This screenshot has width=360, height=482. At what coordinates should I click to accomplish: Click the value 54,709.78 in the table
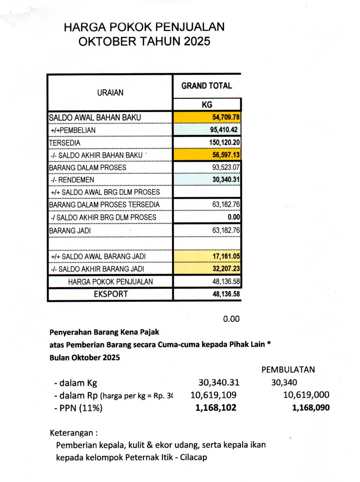[x=226, y=117]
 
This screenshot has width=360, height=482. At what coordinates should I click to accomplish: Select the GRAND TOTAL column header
[x=207, y=86]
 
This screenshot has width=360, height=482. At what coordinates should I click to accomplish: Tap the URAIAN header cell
[x=110, y=93]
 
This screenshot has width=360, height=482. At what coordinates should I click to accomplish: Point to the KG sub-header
[x=207, y=105]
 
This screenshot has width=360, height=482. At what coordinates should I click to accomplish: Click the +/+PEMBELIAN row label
[x=73, y=130]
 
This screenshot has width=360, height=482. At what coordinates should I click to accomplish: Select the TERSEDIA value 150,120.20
[x=224, y=142]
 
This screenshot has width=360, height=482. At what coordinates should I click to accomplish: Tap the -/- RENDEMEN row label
[x=72, y=180]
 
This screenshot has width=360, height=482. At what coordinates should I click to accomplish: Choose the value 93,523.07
[x=226, y=167]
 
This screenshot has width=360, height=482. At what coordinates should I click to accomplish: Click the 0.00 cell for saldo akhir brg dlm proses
[x=234, y=217]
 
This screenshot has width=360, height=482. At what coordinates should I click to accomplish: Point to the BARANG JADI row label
[x=70, y=231]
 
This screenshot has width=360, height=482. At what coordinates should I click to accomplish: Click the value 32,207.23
[x=226, y=269]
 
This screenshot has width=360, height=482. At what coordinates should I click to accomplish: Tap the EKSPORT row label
[x=111, y=294]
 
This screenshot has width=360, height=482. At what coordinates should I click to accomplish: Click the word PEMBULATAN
[x=288, y=370]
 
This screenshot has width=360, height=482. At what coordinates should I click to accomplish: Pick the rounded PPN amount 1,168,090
[x=310, y=408]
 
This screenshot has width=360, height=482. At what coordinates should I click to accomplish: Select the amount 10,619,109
[x=213, y=395]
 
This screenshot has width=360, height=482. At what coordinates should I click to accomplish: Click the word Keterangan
[x=72, y=433]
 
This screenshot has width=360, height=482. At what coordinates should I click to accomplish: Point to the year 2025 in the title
[x=197, y=41]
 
